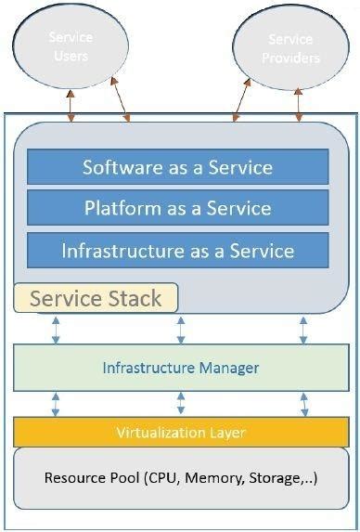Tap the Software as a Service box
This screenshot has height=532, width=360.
click(x=177, y=167)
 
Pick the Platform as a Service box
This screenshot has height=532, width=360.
click(x=177, y=208)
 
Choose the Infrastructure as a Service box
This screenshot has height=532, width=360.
click(x=177, y=251)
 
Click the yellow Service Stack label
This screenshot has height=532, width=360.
click(x=96, y=298)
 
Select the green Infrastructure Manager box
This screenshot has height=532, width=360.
click(x=180, y=368)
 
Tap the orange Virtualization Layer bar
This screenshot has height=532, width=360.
click(x=180, y=433)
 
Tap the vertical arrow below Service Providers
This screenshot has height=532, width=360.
click(x=298, y=103)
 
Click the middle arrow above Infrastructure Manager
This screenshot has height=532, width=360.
click(x=181, y=329)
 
